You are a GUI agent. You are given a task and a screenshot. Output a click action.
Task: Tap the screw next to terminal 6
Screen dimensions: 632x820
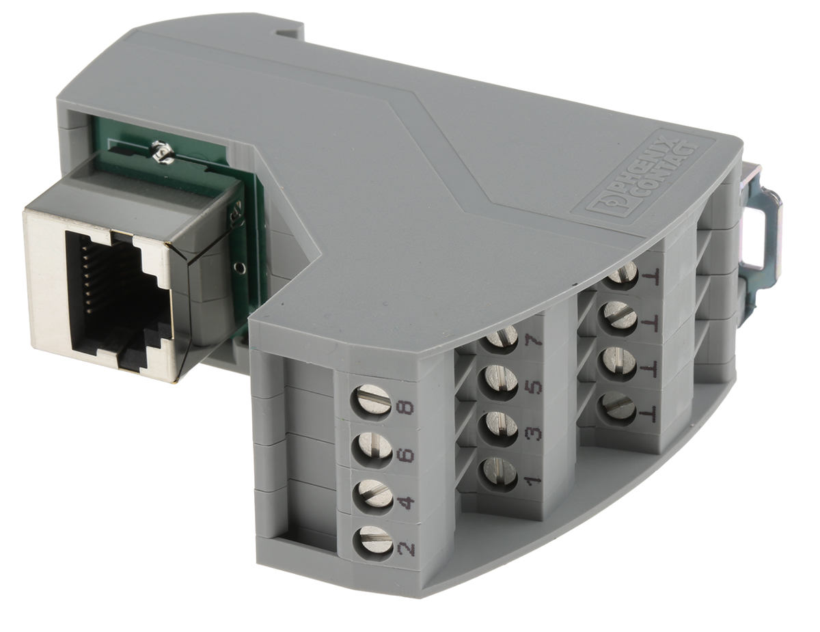pos(372,449)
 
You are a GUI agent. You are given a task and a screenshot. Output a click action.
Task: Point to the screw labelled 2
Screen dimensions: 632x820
pos(373,540)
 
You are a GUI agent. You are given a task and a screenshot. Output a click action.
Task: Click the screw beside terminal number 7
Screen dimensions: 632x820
pos(502,336)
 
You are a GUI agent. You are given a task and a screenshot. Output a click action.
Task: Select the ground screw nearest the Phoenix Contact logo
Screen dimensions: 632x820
pos(622,273)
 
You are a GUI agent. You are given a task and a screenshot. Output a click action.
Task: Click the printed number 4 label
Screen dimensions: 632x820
pos(405,503)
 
